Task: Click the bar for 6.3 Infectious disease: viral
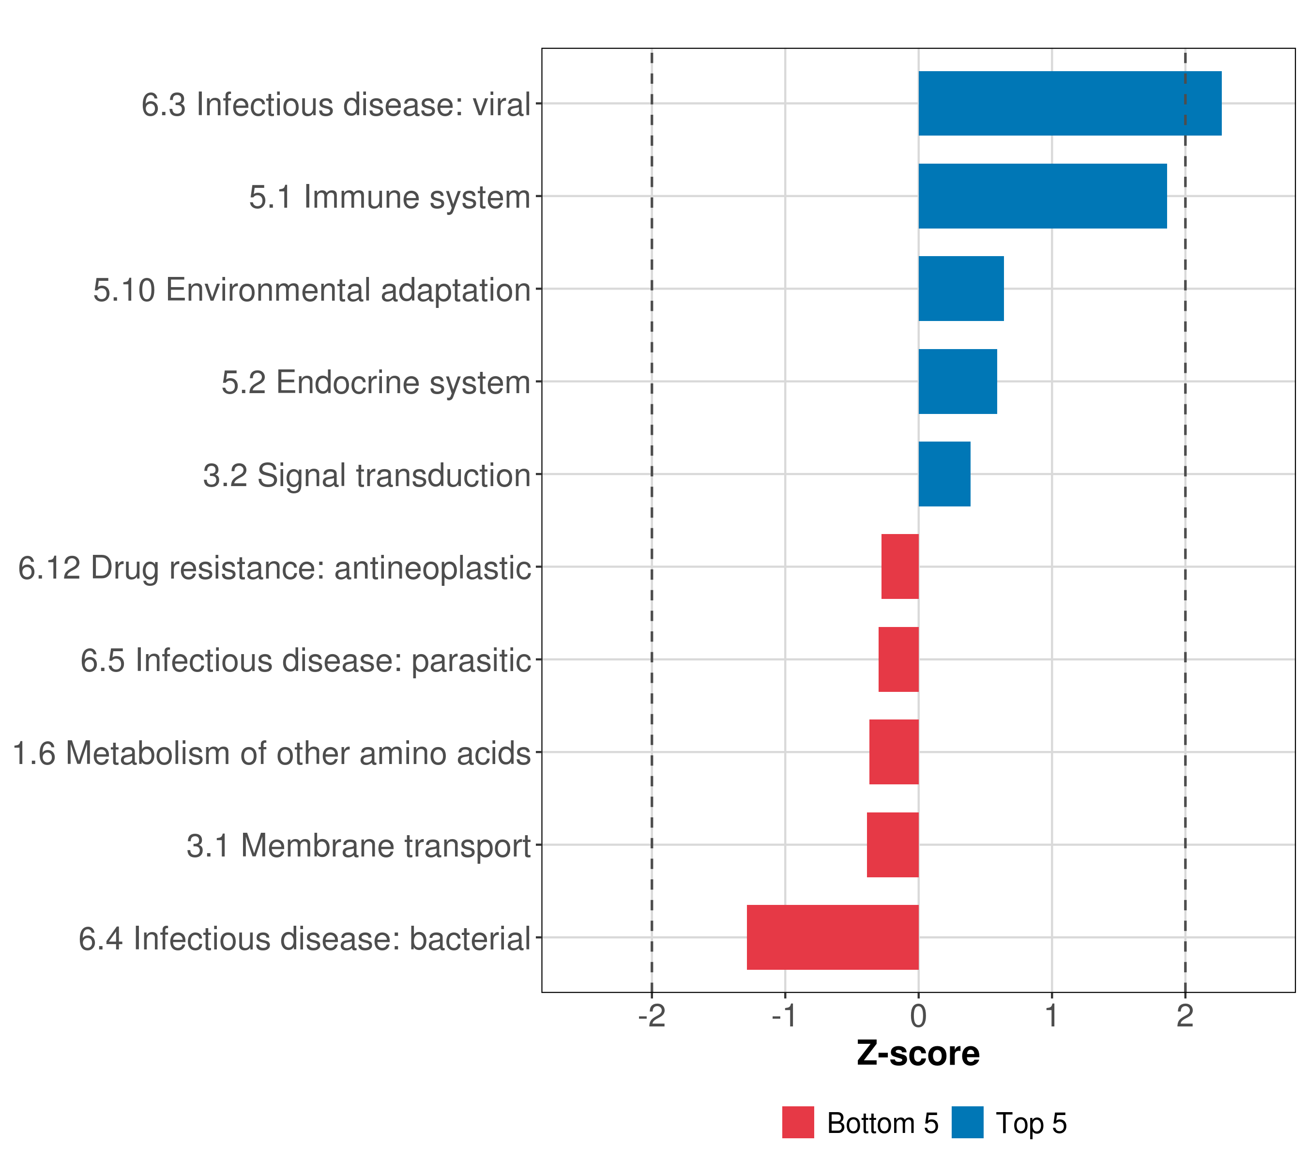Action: coord(1069,104)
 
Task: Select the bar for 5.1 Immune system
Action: coord(1042,197)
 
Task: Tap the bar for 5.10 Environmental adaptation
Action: coord(960,289)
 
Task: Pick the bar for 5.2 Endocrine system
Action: coord(957,382)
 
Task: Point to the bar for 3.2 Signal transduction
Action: coord(944,474)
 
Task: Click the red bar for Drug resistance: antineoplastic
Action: coord(900,566)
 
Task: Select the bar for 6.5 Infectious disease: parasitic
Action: coord(898,659)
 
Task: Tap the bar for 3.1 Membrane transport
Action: coord(893,845)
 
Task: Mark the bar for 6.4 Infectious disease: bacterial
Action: coord(833,937)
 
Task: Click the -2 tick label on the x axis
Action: coord(652,1016)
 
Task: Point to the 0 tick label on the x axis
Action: coord(918,1016)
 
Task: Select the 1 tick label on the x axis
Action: coord(1051,1016)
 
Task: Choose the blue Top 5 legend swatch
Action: coord(967,1122)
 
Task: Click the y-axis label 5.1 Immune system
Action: coord(389,197)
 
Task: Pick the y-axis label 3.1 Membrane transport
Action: coord(359,845)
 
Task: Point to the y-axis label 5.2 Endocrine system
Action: coord(376,382)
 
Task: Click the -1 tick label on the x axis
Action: coord(785,1016)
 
